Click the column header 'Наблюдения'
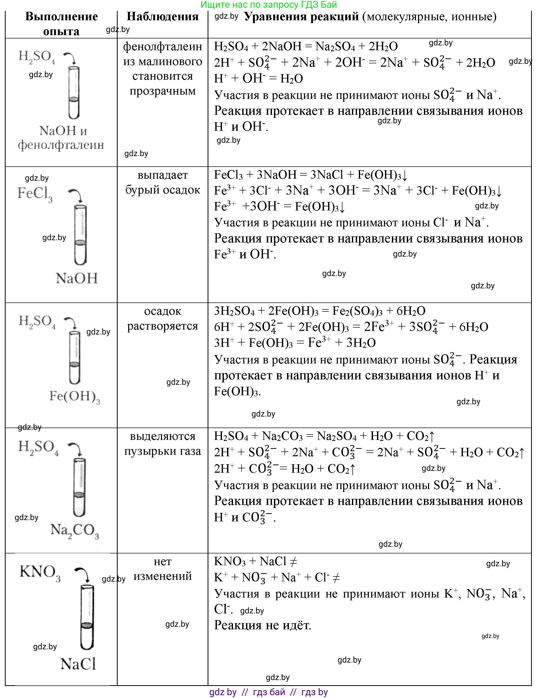tap(162, 17)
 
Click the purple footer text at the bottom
tap(269, 692)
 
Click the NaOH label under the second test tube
tap(77, 278)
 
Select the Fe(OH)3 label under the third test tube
tap(74, 397)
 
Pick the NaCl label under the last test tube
tap(78, 664)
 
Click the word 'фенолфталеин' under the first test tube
tap(61, 145)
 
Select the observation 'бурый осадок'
tap(162, 190)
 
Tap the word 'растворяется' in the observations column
tap(162, 326)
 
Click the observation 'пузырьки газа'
tap(162, 451)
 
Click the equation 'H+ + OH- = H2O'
tap(258, 78)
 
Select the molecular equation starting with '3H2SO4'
tap(319, 311)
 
